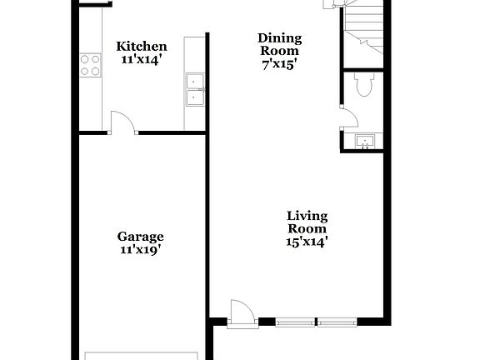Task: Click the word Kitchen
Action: point(141,47)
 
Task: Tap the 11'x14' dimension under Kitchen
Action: point(141,60)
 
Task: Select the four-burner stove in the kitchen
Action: point(90,65)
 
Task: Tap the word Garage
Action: point(140,236)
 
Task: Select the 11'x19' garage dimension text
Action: point(140,249)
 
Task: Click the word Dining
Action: point(279,38)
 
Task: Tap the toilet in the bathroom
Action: point(364,85)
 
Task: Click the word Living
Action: point(307,216)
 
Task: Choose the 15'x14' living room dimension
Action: point(307,242)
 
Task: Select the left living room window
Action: point(296,321)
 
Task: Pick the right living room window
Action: point(337,321)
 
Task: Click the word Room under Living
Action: point(307,229)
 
